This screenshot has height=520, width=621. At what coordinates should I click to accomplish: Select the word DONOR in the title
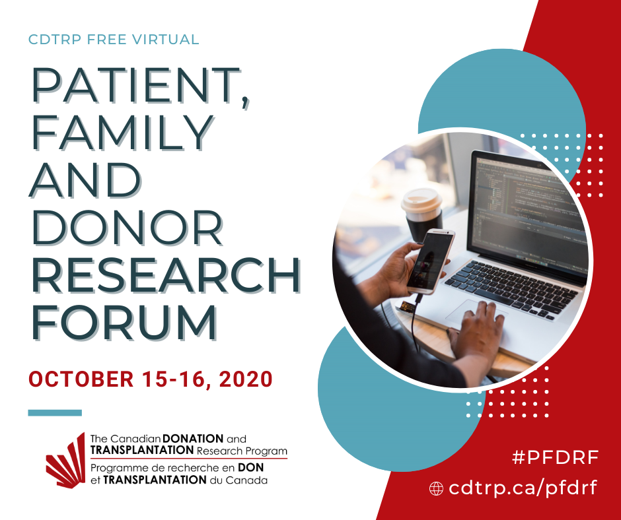click(128, 228)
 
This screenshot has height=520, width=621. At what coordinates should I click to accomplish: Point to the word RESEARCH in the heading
click(166, 275)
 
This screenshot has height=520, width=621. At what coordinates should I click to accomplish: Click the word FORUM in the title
click(124, 323)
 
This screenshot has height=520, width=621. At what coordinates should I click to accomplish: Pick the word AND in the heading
click(85, 180)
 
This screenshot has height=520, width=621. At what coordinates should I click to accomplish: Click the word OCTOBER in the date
click(81, 379)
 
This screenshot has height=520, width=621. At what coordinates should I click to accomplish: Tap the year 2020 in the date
click(246, 379)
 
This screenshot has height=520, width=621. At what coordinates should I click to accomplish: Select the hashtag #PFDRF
click(555, 458)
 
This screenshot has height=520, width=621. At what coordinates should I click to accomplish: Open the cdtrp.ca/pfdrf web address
click(523, 488)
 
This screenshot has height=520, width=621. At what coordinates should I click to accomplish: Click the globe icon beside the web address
click(437, 489)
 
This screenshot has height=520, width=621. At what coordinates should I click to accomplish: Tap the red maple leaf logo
click(66, 460)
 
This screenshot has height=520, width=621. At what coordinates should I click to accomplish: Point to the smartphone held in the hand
click(430, 261)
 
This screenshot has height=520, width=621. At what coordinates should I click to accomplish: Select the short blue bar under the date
click(55, 412)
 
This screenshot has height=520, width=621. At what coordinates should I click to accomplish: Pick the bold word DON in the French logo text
click(250, 467)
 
